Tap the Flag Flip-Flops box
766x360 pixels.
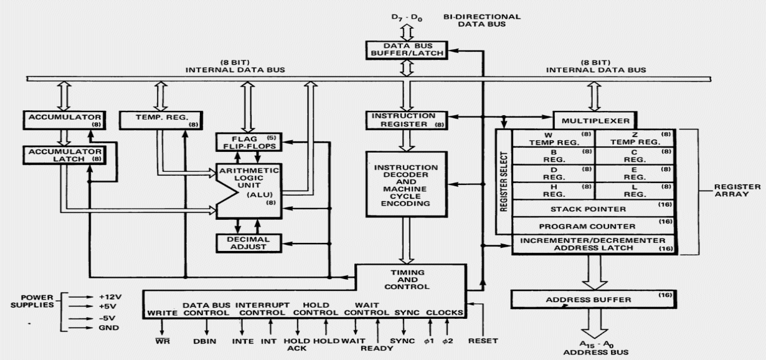(x=244, y=142)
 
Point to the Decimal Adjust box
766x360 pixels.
(x=244, y=242)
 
